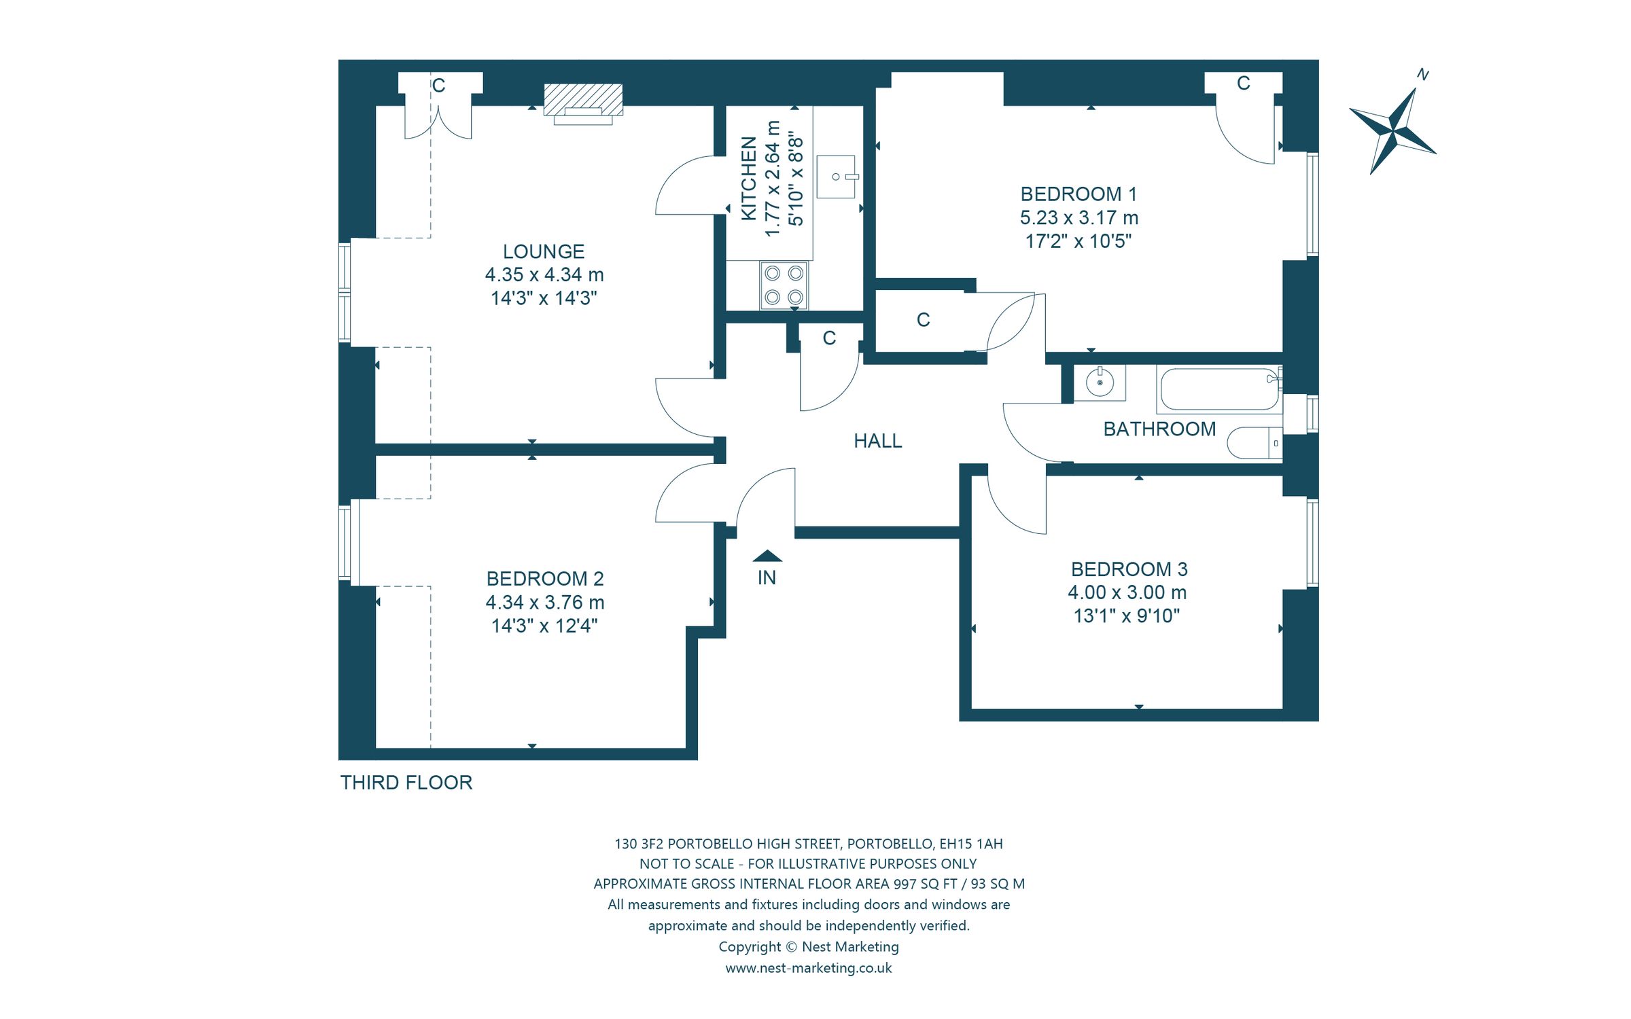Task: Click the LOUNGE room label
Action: coord(544,252)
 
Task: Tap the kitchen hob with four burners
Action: coord(784,285)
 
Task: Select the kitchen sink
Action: coord(837,177)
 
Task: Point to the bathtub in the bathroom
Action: coord(1219,389)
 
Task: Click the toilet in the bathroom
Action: coord(1255,443)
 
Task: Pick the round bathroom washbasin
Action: coord(1100,382)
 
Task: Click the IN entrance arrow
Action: coord(767,556)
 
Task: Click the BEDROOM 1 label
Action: coord(1078,194)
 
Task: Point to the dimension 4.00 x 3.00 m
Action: coord(1127,592)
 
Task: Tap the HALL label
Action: coord(878,442)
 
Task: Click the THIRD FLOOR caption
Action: coord(406,783)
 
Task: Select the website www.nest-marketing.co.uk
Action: coord(809,968)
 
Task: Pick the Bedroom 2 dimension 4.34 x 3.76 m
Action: coord(545,603)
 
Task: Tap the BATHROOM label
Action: coord(1159,429)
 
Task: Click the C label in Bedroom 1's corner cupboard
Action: coord(1244,83)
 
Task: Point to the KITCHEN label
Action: coord(748,179)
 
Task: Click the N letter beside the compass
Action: coord(1422,75)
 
